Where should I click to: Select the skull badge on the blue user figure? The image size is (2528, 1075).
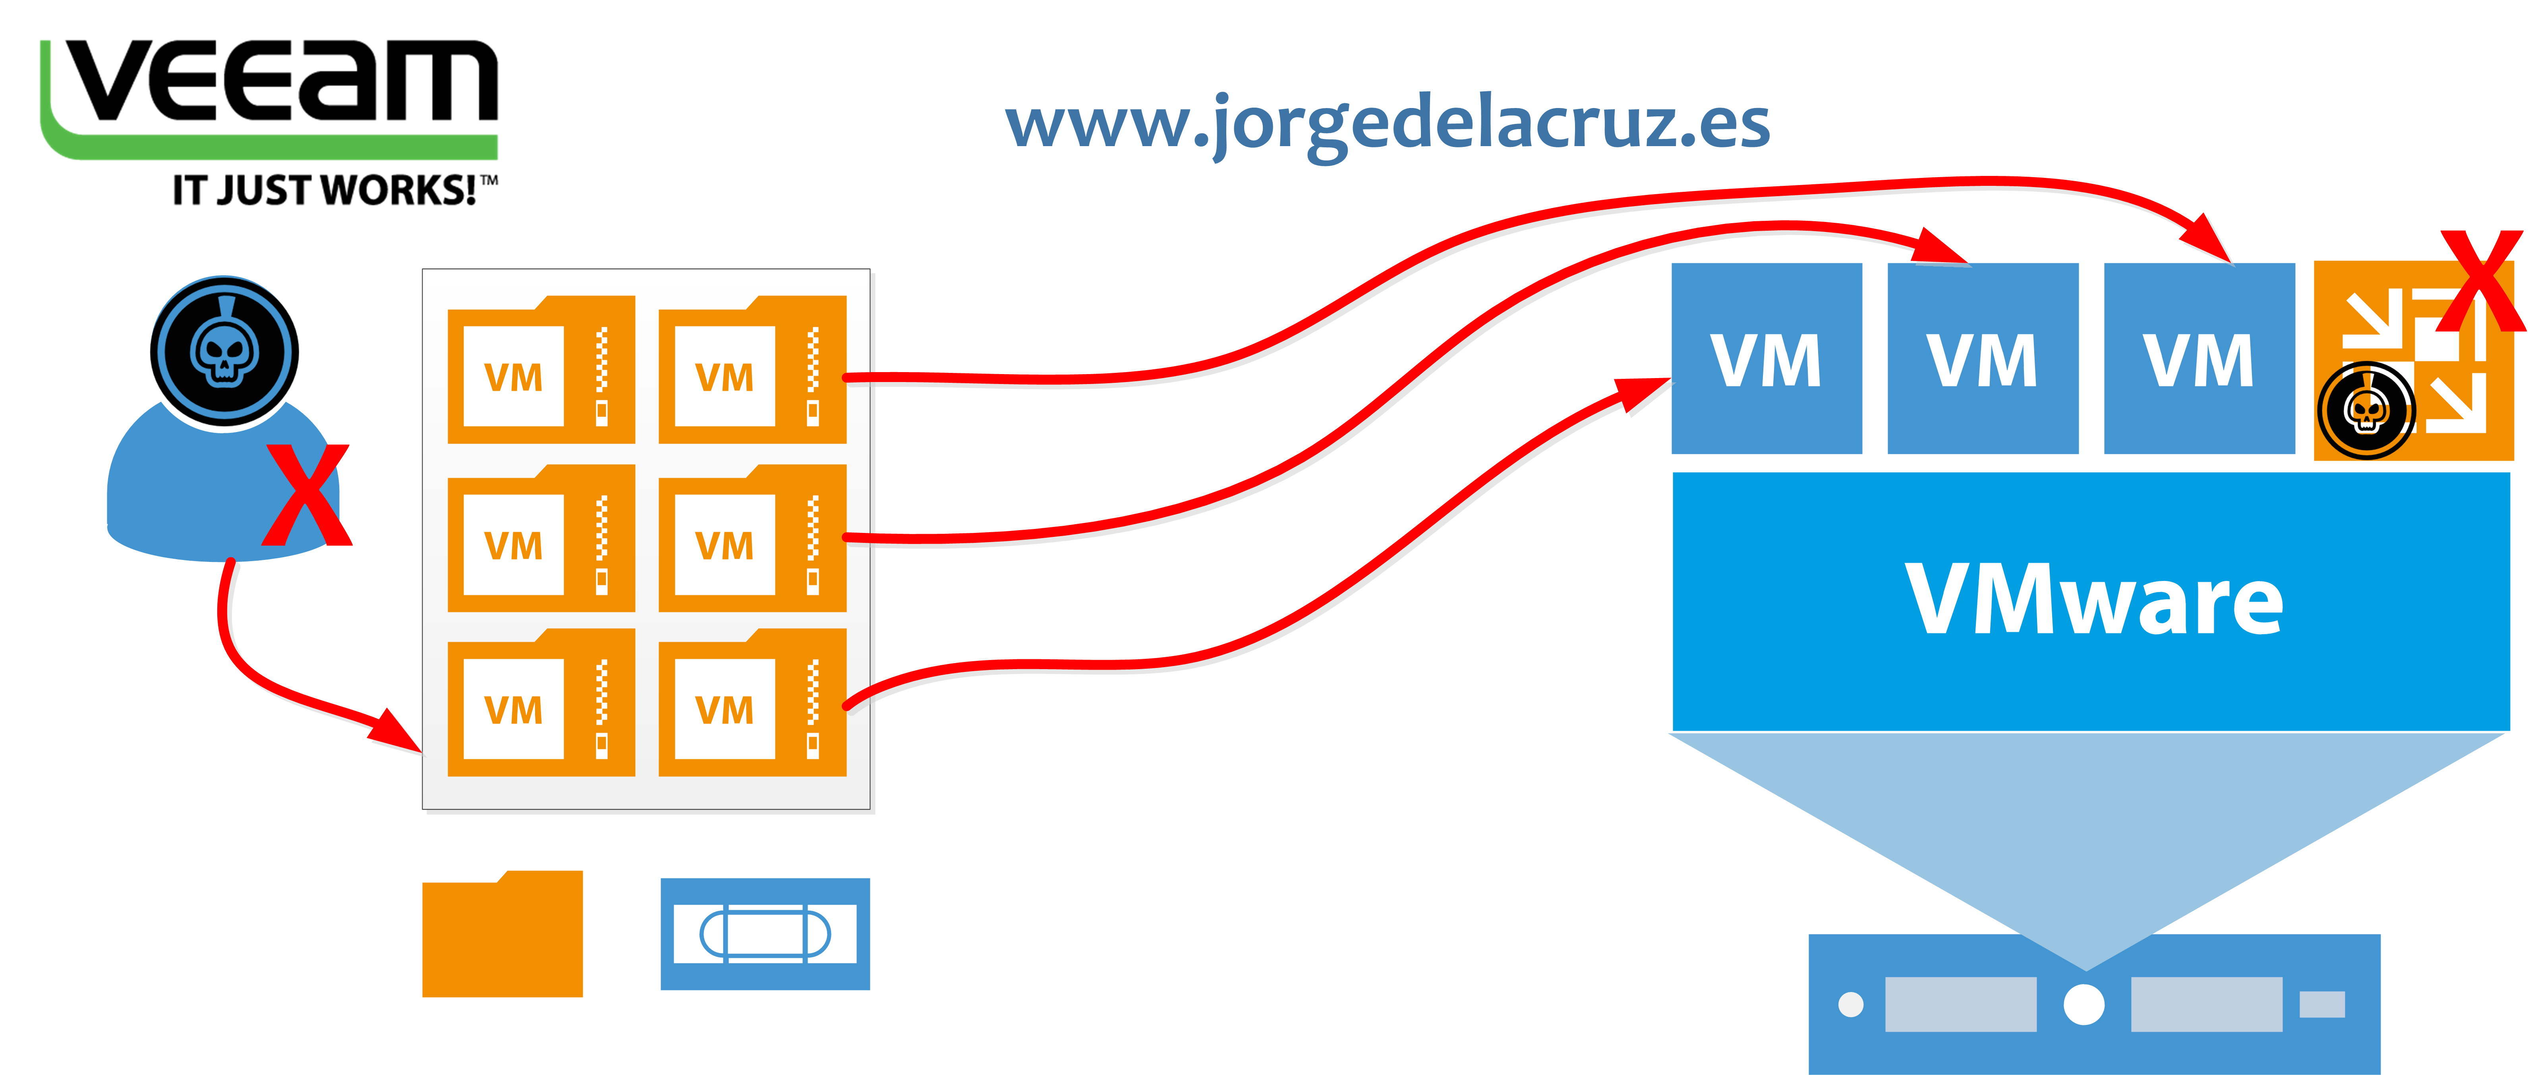point(225,351)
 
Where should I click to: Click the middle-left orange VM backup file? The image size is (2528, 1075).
point(541,538)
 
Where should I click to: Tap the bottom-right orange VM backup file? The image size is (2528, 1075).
point(752,702)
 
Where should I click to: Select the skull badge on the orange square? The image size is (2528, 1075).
point(2366,410)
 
